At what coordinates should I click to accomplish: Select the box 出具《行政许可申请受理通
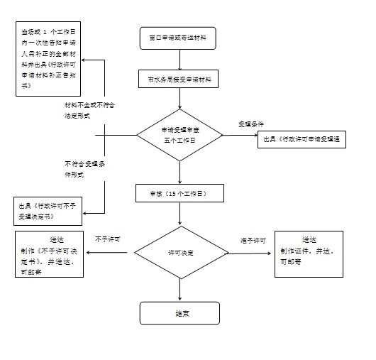pos(301,140)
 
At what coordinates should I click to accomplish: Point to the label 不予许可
pos(107,239)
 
